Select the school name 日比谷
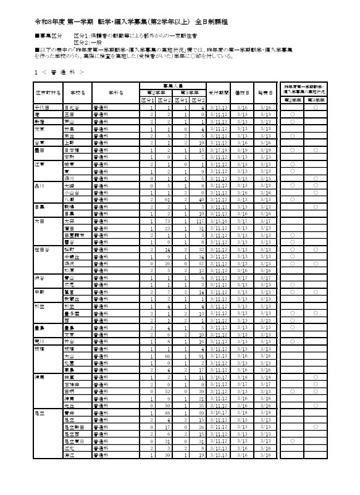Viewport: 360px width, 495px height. click(73, 107)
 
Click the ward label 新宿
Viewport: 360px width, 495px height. click(39, 122)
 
